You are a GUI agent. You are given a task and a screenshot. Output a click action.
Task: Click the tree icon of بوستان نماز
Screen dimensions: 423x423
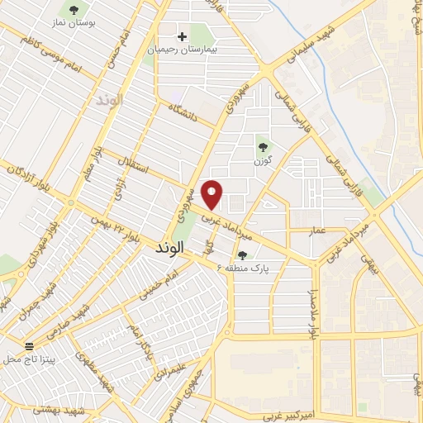75,11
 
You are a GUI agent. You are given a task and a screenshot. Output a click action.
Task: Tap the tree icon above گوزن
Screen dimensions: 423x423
263,146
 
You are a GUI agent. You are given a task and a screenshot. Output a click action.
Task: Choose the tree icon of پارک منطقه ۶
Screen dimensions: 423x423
243,255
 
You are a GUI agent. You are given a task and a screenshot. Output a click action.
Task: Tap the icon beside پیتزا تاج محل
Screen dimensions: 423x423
30,347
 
